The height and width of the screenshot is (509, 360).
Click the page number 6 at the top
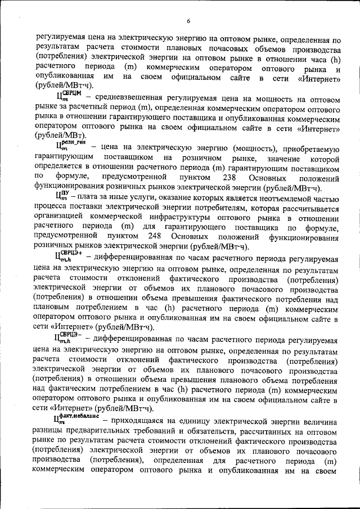tap(188, 21)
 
